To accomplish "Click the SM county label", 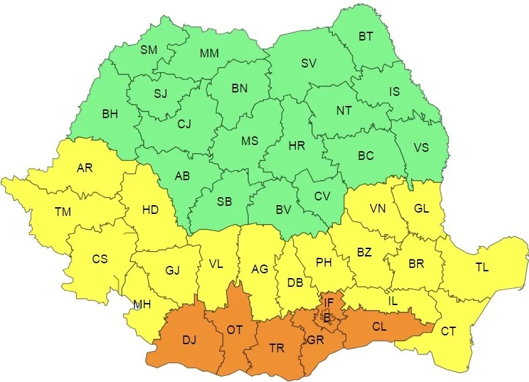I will coord(149,50).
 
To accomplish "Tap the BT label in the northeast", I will coord(366,37).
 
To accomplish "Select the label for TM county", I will coord(63,212).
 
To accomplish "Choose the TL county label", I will coord(482,267).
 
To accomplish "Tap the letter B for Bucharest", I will coord(327,317).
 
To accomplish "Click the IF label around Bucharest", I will coord(328,302).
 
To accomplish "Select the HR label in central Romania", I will coord(297,146).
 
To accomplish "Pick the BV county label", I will coord(284,210).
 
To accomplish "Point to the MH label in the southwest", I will coord(142,304).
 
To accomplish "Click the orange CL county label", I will coord(380,327).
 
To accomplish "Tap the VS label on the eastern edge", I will coord(421,148).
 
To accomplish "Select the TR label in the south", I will coord(277,348).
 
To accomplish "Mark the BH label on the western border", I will coord(110,114).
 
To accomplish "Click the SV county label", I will coord(309,63).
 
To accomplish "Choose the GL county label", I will coord(422,209).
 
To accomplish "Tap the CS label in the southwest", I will coord(100,258).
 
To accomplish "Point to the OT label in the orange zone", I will coord(235,329).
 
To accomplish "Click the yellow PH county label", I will coord(324,263).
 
